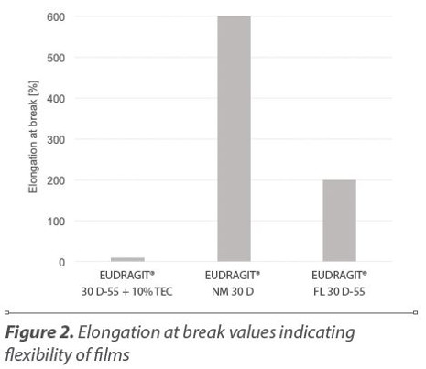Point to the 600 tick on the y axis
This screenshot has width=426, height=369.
(56, 16)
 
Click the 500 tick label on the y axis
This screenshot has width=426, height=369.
(56, 58)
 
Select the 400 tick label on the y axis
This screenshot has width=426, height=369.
(56, 98)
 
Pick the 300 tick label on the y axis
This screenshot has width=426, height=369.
(56, 139)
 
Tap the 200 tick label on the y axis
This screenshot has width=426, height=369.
(56, 180)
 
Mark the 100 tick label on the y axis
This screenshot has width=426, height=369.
(56, 221)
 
